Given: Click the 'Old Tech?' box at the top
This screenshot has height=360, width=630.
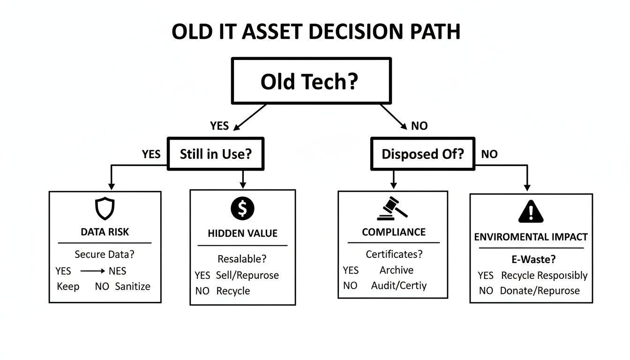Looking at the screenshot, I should click(311, 81).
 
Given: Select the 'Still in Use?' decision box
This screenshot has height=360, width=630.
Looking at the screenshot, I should click(216, 154).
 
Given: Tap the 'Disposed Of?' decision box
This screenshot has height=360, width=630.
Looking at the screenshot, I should click(422, 154).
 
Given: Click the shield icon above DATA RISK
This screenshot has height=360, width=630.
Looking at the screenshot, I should click(105, 209).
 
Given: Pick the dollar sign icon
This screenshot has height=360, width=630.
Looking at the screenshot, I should click(242, 209).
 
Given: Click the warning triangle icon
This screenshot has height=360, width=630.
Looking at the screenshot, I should click(531, 211).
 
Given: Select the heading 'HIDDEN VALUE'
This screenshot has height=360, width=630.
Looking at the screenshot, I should click(242, 233).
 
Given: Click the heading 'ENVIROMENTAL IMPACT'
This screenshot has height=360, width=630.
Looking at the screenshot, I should click(531, 237).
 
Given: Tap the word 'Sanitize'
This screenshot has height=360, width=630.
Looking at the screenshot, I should click(133, 286).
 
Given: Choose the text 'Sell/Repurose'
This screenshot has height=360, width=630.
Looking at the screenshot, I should click(247, 275).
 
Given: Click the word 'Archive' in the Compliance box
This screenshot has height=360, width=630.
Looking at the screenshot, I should click(397, 270).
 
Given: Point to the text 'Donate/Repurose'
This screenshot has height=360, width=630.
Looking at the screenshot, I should click(540, 291).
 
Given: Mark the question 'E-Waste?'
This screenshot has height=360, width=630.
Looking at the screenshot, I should click(531, 258).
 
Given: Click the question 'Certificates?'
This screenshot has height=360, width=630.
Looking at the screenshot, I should click(394, 254).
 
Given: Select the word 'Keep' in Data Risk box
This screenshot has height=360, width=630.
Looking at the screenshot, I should click(68, 286).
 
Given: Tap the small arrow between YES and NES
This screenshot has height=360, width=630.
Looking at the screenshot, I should click(93, 271).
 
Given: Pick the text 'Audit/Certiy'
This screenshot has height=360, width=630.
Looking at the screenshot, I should click(399, 285).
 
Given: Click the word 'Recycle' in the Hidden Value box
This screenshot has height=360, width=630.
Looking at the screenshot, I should click(233, 291).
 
